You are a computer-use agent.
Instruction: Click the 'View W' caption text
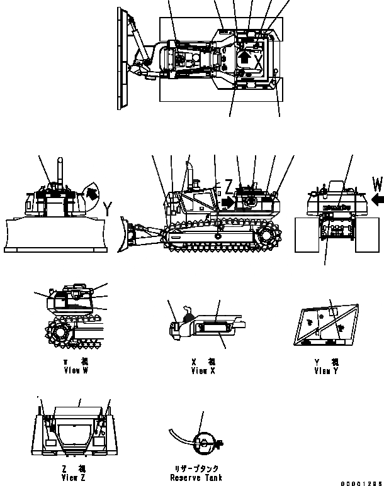point(76,372)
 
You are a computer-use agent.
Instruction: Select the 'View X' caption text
point(203,372)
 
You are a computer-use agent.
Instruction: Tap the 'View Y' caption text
point(326,372)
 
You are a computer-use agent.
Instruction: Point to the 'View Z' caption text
point(74,478)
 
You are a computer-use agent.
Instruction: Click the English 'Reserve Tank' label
point(195,478)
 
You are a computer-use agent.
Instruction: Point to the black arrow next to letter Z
point(225,202)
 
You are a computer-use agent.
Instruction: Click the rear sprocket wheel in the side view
point(269,237)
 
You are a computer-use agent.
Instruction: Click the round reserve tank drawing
point(202,444)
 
